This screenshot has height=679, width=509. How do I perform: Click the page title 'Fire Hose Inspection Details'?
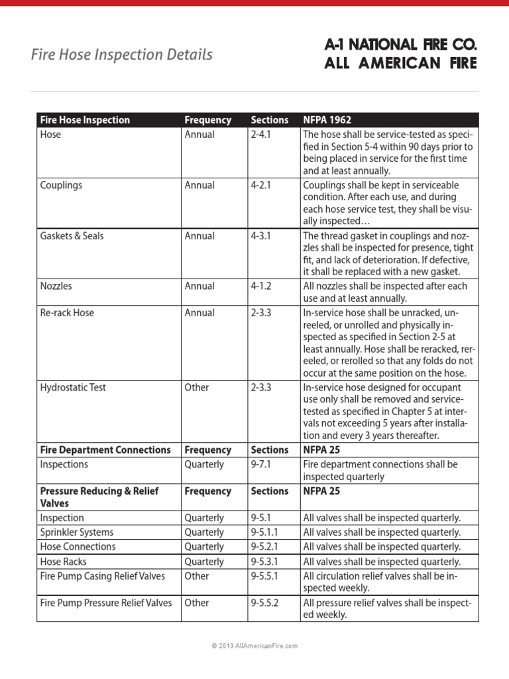(122, 54)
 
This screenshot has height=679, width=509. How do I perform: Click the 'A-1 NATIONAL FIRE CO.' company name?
(400, 45)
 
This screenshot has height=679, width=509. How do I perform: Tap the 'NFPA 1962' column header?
(327, 120)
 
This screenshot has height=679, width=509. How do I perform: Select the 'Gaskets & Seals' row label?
(72, 236)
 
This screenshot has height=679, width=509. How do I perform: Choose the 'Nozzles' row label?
(56, 286)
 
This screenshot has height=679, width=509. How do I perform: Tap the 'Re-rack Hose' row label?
(67, 313)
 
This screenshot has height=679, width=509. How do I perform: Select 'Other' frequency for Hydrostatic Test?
(197, 388)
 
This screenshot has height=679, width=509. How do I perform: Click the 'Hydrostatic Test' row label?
(73, 388)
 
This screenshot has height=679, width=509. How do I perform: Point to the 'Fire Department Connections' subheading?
(105, 450)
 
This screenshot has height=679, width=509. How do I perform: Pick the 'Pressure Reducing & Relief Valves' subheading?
(98, 497)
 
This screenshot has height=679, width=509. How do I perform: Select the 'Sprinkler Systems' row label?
(77, 532)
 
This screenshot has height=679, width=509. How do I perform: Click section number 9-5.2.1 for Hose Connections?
(266, 547)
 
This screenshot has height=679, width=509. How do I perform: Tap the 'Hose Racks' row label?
(63, 562)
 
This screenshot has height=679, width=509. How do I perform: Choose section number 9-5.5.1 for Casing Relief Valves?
(266, 576)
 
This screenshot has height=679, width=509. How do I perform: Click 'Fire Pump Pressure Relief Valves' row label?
(106, 603)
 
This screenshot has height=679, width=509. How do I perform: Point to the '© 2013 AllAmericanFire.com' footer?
(254, 645)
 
